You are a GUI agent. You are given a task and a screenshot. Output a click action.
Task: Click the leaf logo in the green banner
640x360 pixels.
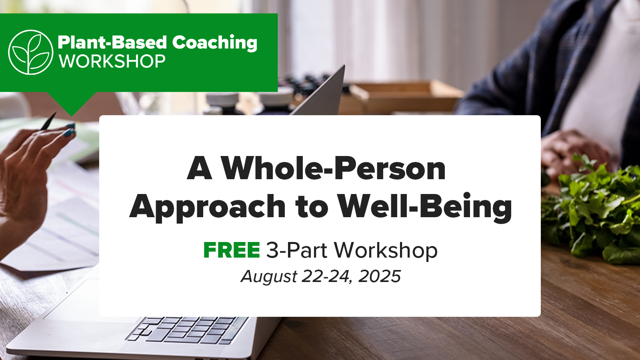coord(30,52)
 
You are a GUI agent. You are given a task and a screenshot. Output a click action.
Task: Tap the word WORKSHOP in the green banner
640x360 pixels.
coord(112,61)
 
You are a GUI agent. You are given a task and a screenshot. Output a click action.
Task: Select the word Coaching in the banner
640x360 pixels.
coord(214,42)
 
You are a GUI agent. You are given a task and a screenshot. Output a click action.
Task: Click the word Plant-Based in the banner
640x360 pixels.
coord(112,42)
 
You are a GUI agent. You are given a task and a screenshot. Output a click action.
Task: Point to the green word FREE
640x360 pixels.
coord(232,250)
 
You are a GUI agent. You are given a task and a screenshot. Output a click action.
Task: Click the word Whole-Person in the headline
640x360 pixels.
coord(333,168)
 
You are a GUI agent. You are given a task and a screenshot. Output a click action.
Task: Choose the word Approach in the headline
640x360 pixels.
coord(207,207)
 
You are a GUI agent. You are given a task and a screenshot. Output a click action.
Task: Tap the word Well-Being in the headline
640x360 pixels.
coord(424,206)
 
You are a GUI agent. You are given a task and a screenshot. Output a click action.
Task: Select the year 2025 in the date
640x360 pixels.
coord(380,276)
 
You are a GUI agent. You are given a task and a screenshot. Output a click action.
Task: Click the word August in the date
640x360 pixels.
coord(269,277)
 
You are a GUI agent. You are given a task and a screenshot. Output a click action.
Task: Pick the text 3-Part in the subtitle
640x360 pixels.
coord(296,250)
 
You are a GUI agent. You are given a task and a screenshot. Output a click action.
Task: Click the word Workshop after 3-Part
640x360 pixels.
coord(386,250)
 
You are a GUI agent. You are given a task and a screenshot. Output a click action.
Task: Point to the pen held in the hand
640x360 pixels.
coord(48,121)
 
